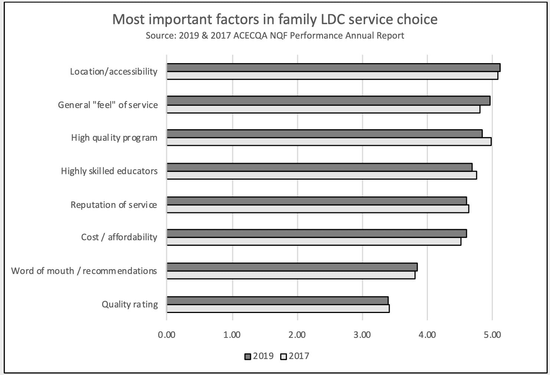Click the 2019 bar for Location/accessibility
click(333, 68)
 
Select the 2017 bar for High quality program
click(329, 141)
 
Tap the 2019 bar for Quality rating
click(277, 300)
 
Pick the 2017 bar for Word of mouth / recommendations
click(291, 275)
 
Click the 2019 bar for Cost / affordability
click(317, 234)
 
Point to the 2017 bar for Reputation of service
click(318, 209)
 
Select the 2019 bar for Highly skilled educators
click(319, 167)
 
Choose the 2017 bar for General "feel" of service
click(323, 109)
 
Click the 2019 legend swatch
click(248, 357)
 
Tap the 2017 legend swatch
click(284, 357)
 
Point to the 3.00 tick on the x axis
click(362, 335)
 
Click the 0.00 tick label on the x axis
click(167, 335)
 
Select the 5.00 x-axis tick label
click(492, 335)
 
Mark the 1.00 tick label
click(232, 335)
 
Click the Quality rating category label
click(130, 304)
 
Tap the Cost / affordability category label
click(119, 237)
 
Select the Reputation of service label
click(114, 205)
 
